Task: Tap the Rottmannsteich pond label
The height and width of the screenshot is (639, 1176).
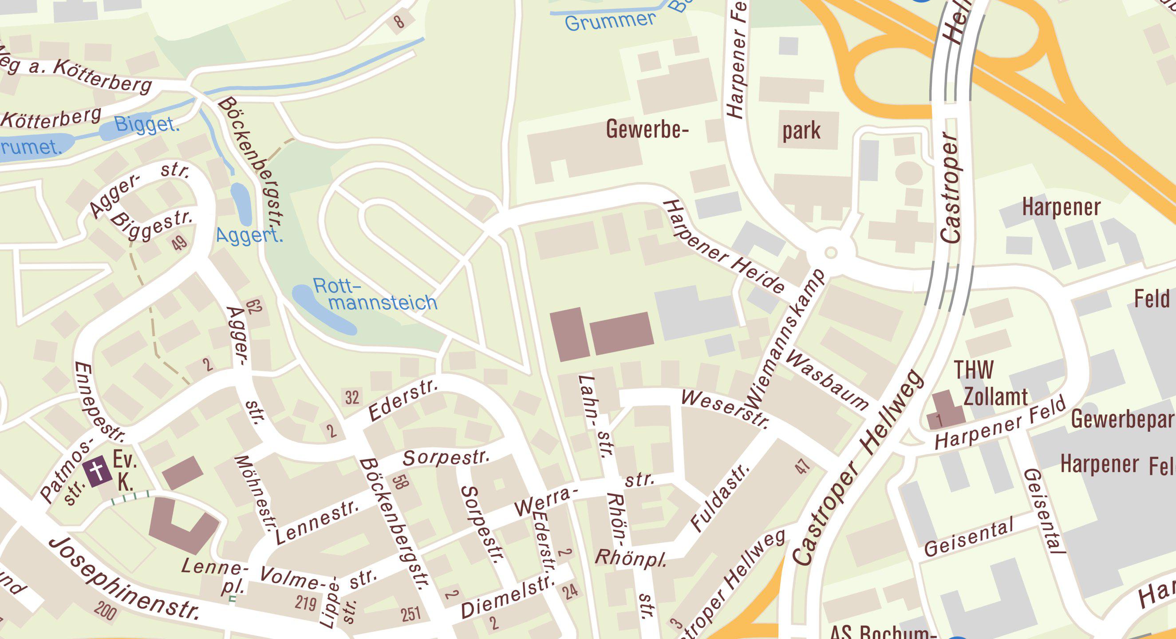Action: pyautogui.click(x=375, y=295)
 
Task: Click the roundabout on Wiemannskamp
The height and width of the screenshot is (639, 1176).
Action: pyautogui.click(x=831, y=252)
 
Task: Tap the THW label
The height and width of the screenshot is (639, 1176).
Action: pyautogui.click(x=973, y=370)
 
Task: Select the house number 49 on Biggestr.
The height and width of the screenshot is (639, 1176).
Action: pyautogui.click(x=179, y=242)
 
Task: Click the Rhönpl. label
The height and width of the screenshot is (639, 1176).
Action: pyautogui.click(x=631, y=558)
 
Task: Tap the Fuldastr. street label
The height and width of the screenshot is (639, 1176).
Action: pyautogui.click(x=719, y=499)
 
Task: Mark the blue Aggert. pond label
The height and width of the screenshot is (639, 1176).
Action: pyautogui.click(x=249, y=236)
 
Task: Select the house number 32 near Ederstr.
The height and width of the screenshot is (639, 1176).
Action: pyautogui.click(x=351, y=398)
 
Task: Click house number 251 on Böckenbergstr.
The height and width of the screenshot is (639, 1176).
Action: pyautogui.click(x=410, y=614)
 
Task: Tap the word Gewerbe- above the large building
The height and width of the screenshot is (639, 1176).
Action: pyautogui.click(x=647, y=130)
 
